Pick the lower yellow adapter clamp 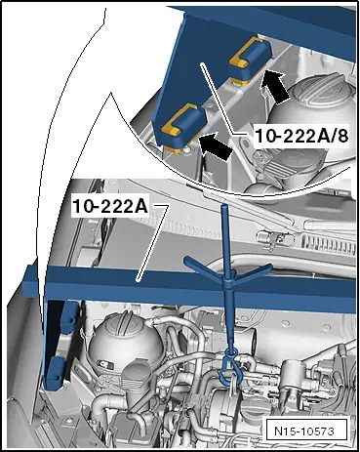(182, 125)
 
